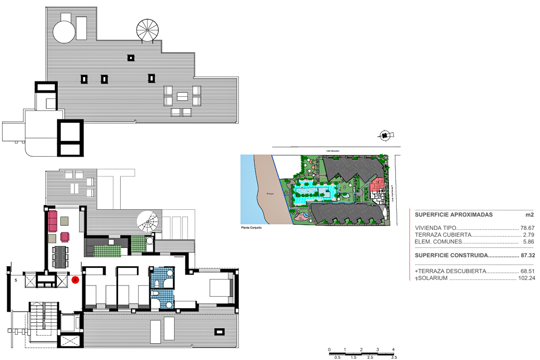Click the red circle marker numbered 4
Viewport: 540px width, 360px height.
(x=75, y=280)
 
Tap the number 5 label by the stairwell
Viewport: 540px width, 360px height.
(x=16, y=280)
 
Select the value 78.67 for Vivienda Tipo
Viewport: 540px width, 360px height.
(x=527, y=228)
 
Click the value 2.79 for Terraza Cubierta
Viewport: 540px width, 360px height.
(x=528, y=235)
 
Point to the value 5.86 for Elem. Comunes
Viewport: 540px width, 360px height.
(x=528, y=242)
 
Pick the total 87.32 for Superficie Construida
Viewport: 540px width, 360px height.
(x=528, y=255)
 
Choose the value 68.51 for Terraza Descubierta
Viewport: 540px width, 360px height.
(x=527, y=271)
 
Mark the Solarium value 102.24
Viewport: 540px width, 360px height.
(x=526, y=278)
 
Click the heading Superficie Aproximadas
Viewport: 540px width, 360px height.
(x=453, y=215)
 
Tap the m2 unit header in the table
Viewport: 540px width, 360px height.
(x=529, y=215)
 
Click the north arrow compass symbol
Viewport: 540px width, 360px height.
(x=385, y=135)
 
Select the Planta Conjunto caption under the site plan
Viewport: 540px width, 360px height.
(x=251, y=228)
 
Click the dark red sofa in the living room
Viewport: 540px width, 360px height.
(x=52, y=221)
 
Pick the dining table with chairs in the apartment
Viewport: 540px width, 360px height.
(x=60, y=257)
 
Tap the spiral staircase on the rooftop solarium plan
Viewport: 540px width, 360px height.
(x=147, y=30)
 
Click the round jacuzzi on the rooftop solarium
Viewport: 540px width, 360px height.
(x=64, y=32)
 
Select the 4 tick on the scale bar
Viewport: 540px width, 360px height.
(x=393, y=350)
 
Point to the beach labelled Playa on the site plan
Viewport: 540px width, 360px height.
(x=270, y=193)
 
